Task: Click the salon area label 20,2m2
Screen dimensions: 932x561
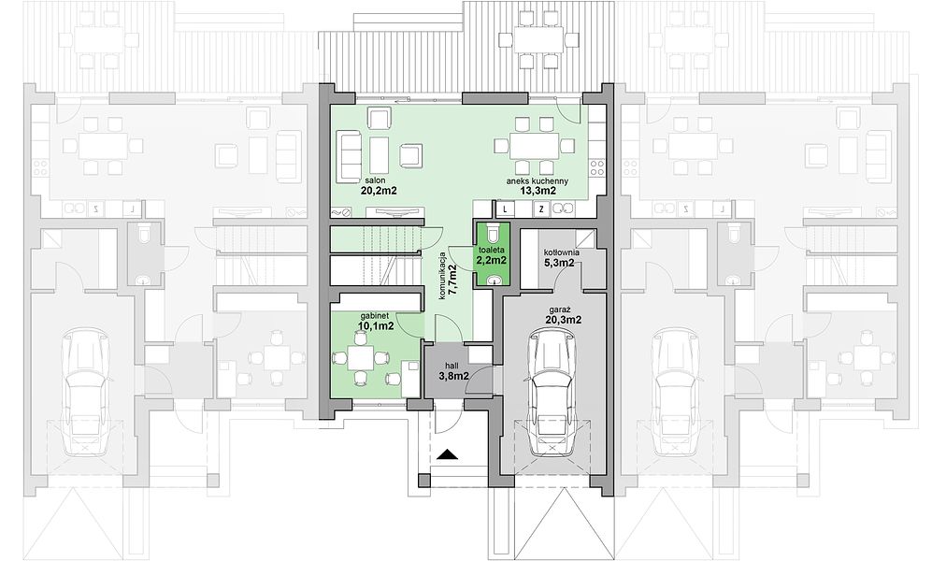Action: [378, 186]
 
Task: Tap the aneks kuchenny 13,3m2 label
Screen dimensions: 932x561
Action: [538, 186]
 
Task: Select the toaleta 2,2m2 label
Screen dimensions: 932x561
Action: [491, 255]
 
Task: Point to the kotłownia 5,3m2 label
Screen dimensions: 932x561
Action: [562, 257]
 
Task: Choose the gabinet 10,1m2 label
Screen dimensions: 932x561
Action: [376, 321]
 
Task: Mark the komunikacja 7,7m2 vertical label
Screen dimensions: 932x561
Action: [448, 277]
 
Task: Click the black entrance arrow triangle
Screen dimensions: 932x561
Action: [448, 454]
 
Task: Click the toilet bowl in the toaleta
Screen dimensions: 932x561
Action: [492, 231]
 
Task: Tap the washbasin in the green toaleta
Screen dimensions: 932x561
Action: [493, 280]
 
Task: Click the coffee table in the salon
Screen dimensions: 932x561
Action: [379, 156]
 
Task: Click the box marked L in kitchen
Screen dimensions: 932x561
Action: [505, 209]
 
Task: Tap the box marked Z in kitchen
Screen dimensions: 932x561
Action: [541, 209]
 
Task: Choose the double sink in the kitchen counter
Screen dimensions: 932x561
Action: [563, 208]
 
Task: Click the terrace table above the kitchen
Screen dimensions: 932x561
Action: [538, 40]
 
